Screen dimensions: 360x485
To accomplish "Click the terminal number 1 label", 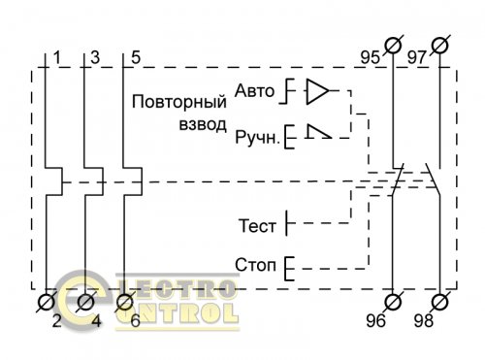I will [58, 57].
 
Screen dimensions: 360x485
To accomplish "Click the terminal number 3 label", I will [95, 57].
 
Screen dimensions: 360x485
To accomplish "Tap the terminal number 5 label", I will [135, 57].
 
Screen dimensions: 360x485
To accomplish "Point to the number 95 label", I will [370, 56].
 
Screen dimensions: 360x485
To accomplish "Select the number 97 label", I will [418, 56].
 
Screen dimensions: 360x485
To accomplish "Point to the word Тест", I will [257, 225].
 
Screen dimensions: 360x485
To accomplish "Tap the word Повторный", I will [179, 101].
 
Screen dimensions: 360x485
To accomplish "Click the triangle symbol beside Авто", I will [317, 92].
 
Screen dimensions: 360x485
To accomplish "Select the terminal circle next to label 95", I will [394, 45].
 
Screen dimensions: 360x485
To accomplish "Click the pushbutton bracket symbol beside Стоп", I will [288, 265].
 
